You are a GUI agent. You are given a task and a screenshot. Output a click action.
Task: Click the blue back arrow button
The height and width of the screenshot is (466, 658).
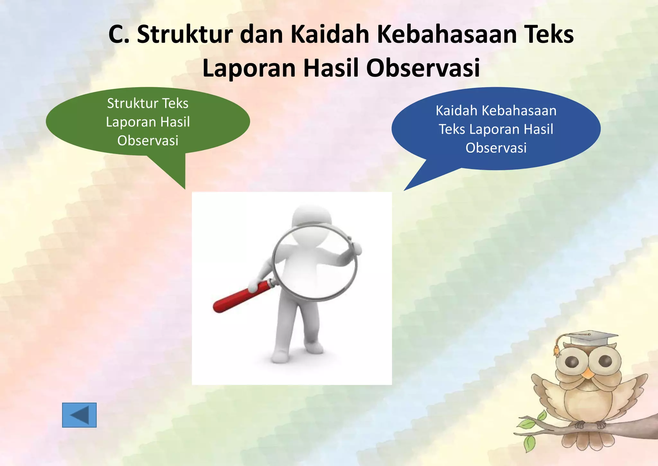point(79,415)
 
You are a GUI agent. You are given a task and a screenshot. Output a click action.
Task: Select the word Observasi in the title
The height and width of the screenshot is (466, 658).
point(423,68)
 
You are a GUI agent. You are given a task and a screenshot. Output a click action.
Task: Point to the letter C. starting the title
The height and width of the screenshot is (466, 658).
point(119,34)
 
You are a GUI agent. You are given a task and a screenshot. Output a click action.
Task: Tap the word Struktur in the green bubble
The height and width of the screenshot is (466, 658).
point(134,103)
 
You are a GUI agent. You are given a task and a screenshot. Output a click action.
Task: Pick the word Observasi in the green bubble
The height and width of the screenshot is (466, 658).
point(148,141)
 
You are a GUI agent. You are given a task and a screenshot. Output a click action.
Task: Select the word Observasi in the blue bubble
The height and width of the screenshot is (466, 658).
point(496,148)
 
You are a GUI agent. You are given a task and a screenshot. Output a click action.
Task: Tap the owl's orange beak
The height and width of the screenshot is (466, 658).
point(589,373)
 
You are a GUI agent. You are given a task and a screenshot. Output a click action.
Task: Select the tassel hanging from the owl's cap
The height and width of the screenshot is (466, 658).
point(556,351)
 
